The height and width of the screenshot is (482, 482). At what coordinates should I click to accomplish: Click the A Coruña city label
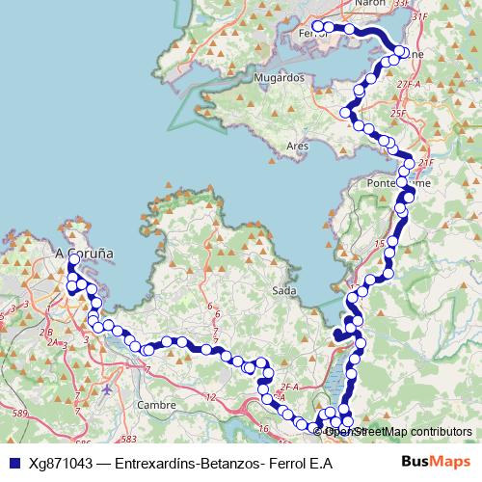pyautogui.click(x=84, y=254)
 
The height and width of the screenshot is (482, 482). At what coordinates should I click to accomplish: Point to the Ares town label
pyautogui.click(x=297, y=147)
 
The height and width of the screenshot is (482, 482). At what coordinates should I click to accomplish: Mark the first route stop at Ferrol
pyautogui.click(x=315, y=26)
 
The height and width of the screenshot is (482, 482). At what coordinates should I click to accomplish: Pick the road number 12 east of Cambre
pyautogui.click(x=210, y=396)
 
